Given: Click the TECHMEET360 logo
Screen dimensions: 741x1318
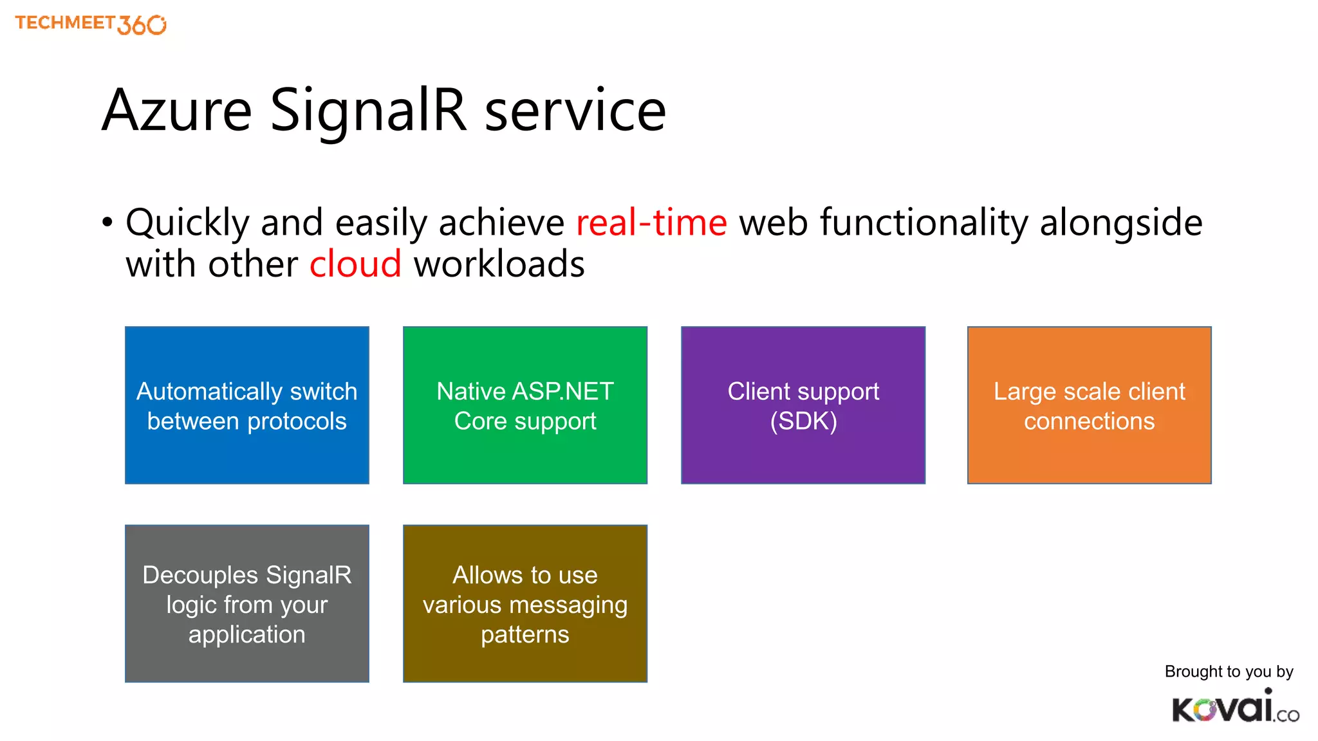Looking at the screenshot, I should pyautogui.click(x=90, y=24).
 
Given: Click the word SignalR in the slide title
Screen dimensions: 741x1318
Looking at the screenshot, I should pyautogui.click(x=367, y=111).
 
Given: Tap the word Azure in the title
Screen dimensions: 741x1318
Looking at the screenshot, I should pyautogui.click(x=176, y=111).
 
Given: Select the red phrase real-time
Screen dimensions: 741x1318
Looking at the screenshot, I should pyautogui.click(x=651, y=223).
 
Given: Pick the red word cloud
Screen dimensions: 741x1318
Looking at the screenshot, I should pyautogui.click(x=355, y=264).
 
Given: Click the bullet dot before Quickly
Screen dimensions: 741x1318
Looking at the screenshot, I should pyautogui.click(x=107, y=223).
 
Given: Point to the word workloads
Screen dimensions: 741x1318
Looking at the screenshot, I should pyautogui.click(x=499, y=264).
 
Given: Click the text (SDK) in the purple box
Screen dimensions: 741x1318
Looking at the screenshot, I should pyautogui.click(x=803, y=421).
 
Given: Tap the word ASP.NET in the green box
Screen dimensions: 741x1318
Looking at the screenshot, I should pyautogui.click(x=562, y=391).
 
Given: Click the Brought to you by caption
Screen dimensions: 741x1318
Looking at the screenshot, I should pyautogui.click(x=1228, y=672).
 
